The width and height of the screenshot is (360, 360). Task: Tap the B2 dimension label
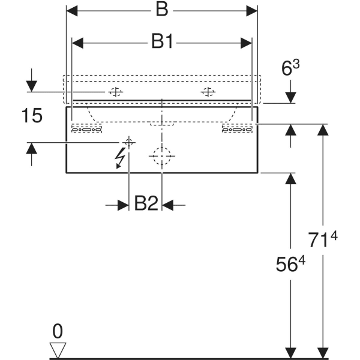point(146,205)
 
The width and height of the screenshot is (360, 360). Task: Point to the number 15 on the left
point(32,116)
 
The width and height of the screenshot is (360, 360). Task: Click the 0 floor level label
point(58,330)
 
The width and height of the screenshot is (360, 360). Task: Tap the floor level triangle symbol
point(58,350)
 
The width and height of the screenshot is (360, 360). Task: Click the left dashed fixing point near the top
point(115,92)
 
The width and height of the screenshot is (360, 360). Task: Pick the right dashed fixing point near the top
point(208,92)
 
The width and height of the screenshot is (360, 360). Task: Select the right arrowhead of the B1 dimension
point(245,42)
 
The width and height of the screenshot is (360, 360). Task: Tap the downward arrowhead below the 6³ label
point(290,97)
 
